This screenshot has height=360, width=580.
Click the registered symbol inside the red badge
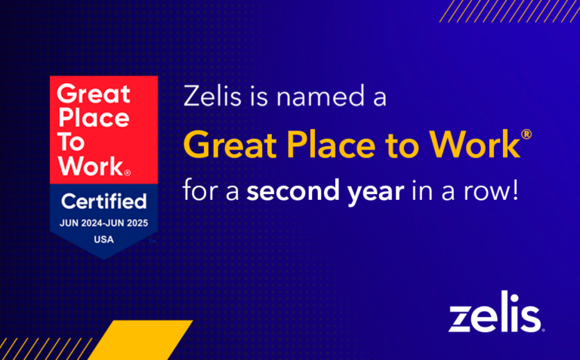click(x=128, y=173)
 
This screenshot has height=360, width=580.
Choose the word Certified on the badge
click(x=103, y=202)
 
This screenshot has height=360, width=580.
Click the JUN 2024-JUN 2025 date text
click(x=103, y=223)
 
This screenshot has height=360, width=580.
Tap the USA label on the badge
click(x=103, y=240)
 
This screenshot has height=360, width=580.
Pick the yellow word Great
click(x=230, y=143)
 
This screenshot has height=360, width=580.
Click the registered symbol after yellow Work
click(x=526, y=134)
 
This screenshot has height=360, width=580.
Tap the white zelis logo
click(x=495, y=317)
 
